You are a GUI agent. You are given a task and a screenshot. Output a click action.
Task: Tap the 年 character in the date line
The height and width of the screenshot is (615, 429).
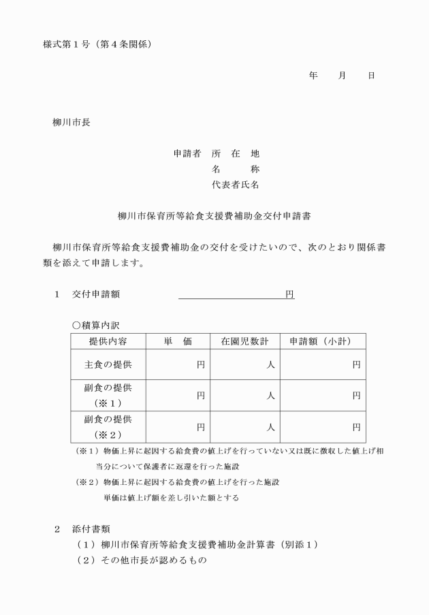313,76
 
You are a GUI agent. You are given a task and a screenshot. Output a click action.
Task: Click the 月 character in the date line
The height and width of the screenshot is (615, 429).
342,76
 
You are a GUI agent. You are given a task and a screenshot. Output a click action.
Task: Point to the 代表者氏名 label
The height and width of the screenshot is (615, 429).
236,184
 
